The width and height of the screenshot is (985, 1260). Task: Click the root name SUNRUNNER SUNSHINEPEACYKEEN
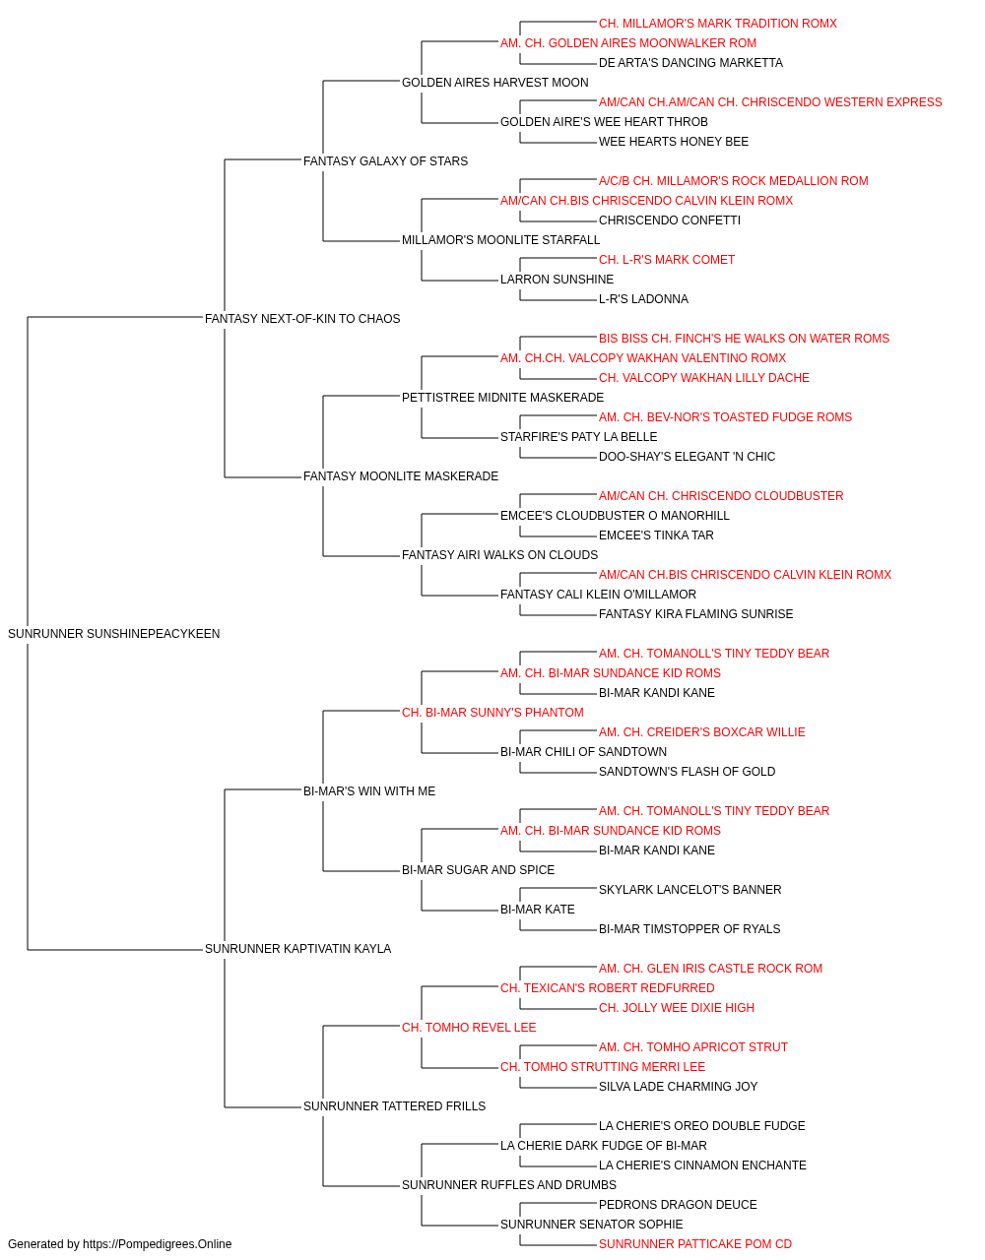(x=113, y=634)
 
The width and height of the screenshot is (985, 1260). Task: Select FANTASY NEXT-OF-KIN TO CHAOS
(x=302, y=319)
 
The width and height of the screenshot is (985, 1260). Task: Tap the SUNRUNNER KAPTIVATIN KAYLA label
(x=297, y=949)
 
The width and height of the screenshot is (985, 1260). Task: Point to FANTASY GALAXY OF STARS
(x=385, y=161)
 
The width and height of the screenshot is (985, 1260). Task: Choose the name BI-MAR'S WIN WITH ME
(x=369, y=790)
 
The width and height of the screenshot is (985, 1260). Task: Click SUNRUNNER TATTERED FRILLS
(x=394, y=1105)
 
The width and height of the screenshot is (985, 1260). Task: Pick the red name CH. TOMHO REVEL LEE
(x=469, y=1028)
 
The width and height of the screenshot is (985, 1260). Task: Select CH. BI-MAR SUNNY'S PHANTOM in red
(x=492, y=712)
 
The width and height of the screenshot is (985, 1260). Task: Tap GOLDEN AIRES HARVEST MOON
(x=494, y=83)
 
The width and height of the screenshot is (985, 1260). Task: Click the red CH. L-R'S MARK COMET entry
(x=667, y=260)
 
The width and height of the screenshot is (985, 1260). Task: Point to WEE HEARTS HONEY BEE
(x=674, y=142)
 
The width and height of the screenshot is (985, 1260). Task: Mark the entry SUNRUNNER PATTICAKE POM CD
(x=695, y=1244)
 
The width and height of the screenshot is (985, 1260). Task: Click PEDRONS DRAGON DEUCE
(x=678, y=1204)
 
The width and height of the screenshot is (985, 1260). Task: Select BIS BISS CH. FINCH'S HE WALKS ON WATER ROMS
(x=744, y=339)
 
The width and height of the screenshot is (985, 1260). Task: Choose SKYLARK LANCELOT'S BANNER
(x=689, y=890)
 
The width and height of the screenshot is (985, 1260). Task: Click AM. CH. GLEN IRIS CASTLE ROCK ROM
(x=710, y=969)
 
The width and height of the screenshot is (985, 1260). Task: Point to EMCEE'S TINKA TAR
(x=656, y=535)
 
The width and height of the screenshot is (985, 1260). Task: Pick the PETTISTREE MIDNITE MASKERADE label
(x=502, y=397)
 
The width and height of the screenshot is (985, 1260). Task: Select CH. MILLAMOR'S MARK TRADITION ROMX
(x=718, y=24)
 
